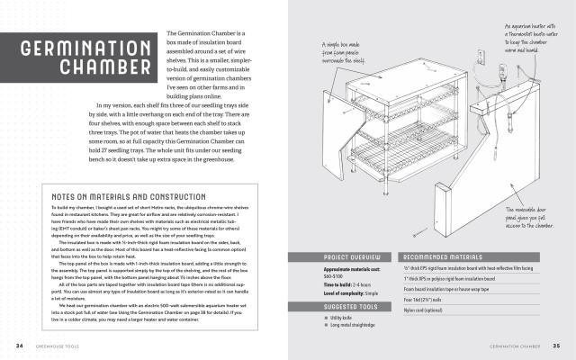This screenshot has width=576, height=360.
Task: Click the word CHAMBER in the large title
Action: point(112,68)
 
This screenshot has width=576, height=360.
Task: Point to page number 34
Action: point(19,345)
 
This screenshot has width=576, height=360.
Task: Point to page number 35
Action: point(556,345)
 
